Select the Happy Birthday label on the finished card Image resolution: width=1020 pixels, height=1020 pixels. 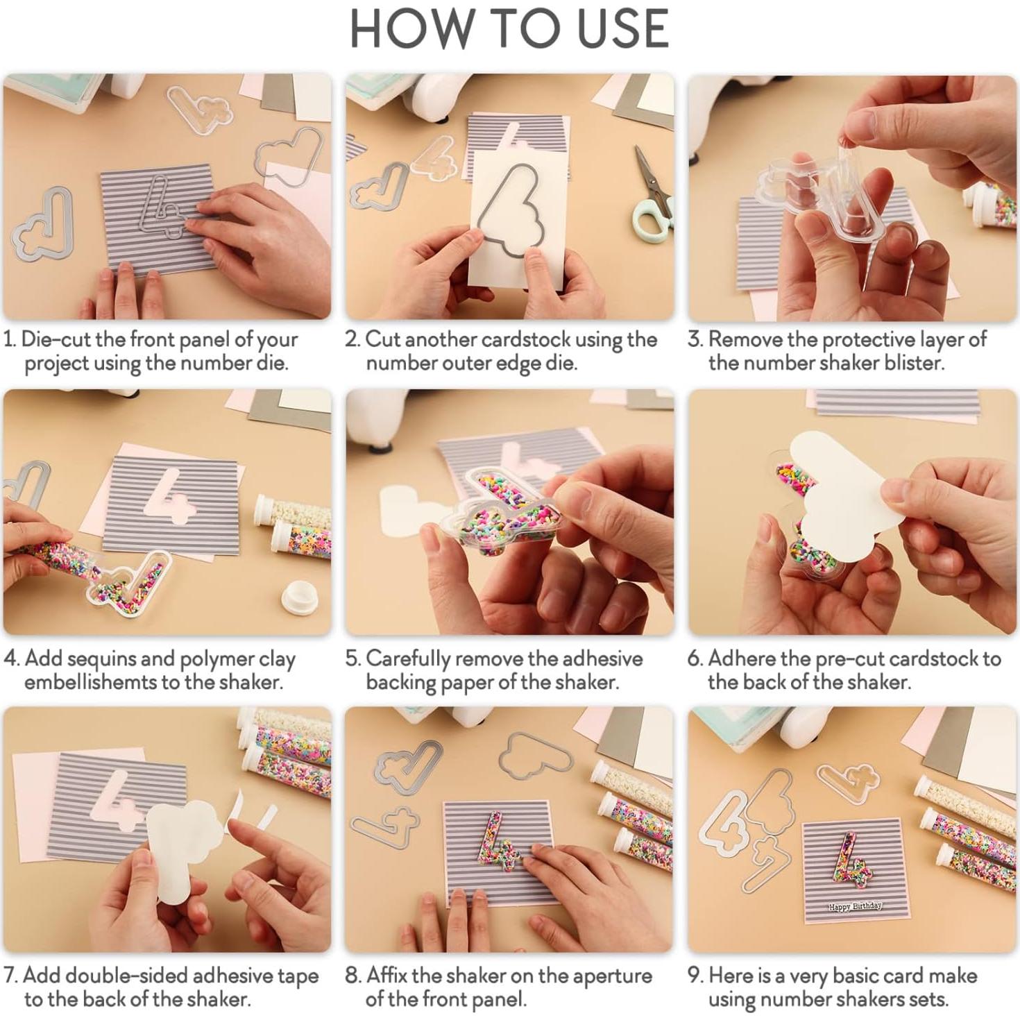854,906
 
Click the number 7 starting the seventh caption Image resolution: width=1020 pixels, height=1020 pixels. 10,975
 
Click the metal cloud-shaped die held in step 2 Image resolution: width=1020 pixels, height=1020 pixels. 515,212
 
